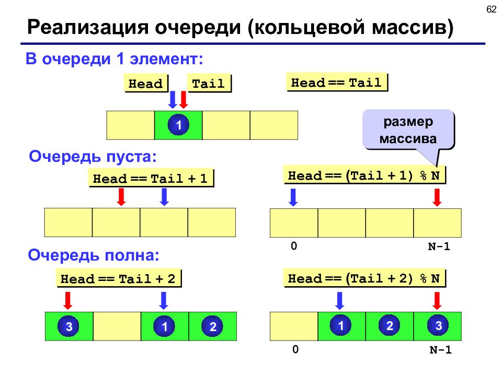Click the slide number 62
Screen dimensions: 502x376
[491, 9]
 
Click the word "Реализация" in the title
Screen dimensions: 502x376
[88, 28]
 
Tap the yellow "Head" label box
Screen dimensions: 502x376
[146, 84]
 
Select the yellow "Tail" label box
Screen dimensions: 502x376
[209, 84]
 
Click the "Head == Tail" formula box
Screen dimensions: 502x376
[336, 83]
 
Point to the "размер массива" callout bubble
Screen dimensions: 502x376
[408, 130]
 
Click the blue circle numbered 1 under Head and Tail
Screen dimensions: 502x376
[178, 125]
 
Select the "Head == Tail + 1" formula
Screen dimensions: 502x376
[151, 178]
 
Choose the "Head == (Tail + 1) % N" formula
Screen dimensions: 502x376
[364, 175]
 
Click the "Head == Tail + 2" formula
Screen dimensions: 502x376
[119, 278]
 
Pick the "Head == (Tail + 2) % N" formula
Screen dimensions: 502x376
[364, 278]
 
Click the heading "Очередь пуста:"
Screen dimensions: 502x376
[93, 157]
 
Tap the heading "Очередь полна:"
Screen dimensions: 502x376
[94, 255]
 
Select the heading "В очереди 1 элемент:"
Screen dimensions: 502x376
[115, 59]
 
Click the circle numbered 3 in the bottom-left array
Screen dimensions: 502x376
[69, 326]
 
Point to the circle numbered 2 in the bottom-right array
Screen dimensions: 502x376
[389, 325]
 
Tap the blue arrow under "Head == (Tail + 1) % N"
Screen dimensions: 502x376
[293, 197]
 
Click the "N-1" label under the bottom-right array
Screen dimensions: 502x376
[440, 349]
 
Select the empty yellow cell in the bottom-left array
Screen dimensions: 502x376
[117, 326]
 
